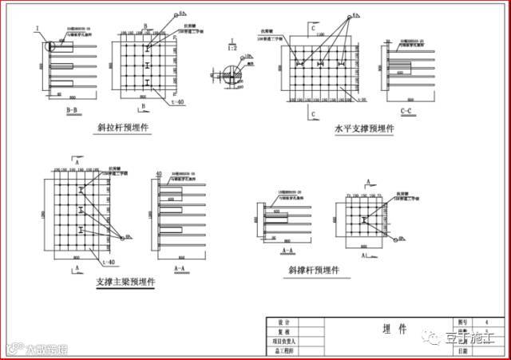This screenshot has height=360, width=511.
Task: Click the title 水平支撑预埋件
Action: [x=366, y=128]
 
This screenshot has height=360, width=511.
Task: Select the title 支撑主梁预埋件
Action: [x=126, y=282]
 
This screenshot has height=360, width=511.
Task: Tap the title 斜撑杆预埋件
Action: [x=315, y=271]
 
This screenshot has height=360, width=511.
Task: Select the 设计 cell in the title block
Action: [x=283, y=322]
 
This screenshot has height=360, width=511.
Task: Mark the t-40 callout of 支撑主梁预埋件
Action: [x=108, y=260]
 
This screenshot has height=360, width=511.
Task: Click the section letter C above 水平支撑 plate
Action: [x=315, y=30]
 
